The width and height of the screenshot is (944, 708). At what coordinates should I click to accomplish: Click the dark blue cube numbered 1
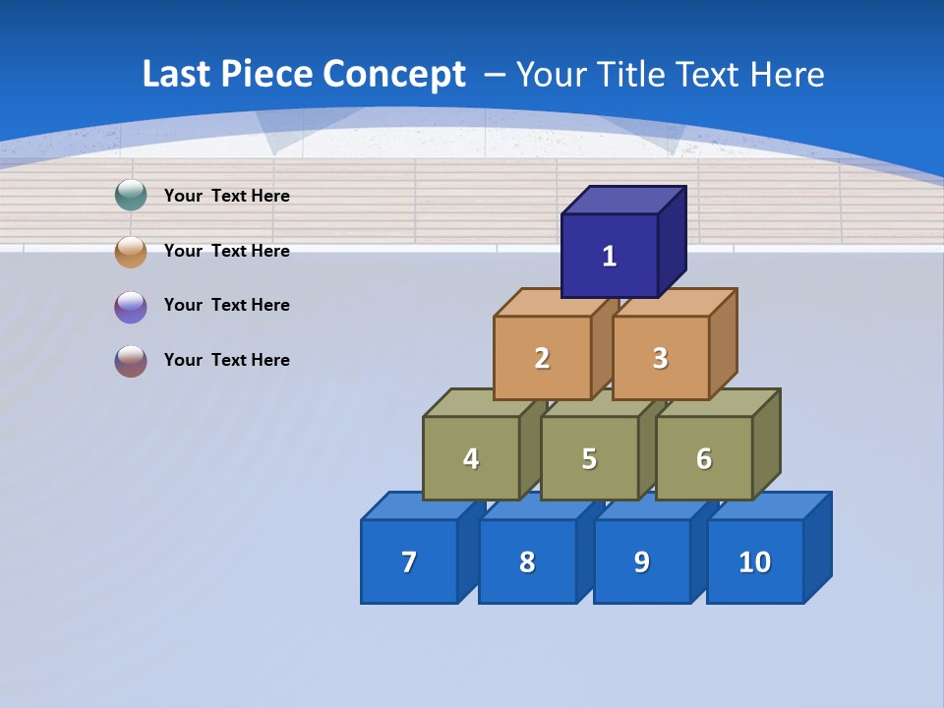tap(610, 256)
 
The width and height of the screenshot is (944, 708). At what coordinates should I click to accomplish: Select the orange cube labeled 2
tap(542, 358)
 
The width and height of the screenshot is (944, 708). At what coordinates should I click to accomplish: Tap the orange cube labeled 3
tap(660, 358)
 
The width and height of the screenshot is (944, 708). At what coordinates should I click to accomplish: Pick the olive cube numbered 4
tap(471, 458)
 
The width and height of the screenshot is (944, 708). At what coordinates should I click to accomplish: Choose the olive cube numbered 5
tap(589, 458)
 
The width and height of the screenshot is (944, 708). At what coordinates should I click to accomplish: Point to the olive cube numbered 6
tap(704, 458)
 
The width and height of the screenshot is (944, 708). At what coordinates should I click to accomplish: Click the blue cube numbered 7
tap(409, 561)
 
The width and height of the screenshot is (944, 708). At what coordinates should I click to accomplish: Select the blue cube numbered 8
tap(527, 561)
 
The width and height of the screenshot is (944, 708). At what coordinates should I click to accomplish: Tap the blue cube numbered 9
tap(641, 561)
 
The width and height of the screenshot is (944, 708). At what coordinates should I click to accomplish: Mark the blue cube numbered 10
tap(754, 561)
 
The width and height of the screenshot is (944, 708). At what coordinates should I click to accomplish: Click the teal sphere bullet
tap(131, 196)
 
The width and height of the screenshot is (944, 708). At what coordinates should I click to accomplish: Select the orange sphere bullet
tap(131, 251)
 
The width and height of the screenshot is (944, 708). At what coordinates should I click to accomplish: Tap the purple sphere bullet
tap(131, 306)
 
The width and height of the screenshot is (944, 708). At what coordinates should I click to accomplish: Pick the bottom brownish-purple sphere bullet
tap(131, 361)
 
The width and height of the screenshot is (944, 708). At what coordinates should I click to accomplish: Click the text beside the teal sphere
tap(227, 196)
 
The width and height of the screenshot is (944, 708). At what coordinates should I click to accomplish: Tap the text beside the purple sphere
tap(227, 305)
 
